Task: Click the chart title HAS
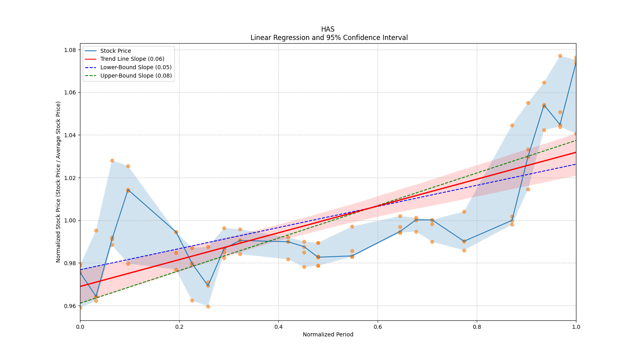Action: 328,29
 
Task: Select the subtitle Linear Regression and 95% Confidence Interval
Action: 329,38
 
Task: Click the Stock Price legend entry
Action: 116,51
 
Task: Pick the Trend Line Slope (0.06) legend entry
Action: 132,59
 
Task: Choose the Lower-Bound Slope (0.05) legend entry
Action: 136,67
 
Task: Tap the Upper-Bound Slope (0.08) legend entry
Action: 136,76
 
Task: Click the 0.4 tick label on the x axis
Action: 278,327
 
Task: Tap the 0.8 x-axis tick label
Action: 477,327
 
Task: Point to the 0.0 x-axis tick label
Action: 80,327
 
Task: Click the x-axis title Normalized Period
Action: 328,334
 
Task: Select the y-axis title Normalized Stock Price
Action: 58,182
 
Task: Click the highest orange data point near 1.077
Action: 560,56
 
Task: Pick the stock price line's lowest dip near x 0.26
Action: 208,286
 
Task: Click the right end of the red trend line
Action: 576,152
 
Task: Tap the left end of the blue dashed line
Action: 80,270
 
